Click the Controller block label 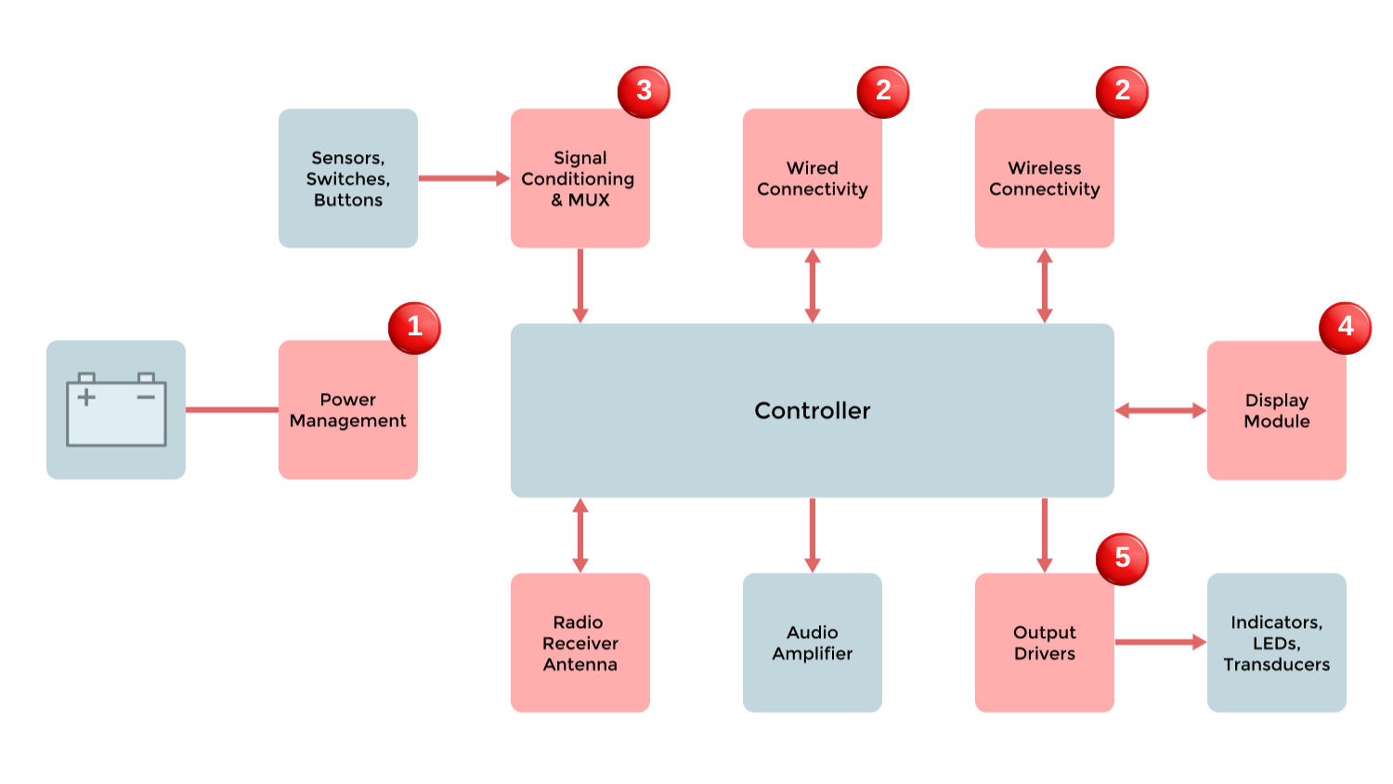coord(812,411)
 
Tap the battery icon coord(116,410)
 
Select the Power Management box coord(348,411)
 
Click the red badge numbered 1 coord(414,327)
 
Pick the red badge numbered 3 coord(644,91)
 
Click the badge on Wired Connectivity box coord(883,91)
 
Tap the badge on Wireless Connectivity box coord(1122,91)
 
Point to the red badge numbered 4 coord(1345,327)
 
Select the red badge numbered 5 coord(1122,558)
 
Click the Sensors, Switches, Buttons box coord(348,178)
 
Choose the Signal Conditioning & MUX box coord(580,178)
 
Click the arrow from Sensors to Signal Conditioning coord(463,178)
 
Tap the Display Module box coord(1277,411)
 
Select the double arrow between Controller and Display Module coord(1160,411)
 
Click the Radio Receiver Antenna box coord(580,643)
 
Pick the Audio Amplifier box coord(813,643)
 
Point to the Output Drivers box coord(1045,643)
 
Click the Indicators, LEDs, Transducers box coord(1277,643)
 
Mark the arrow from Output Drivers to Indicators coord(1160,642)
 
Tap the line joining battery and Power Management coord(232,410)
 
